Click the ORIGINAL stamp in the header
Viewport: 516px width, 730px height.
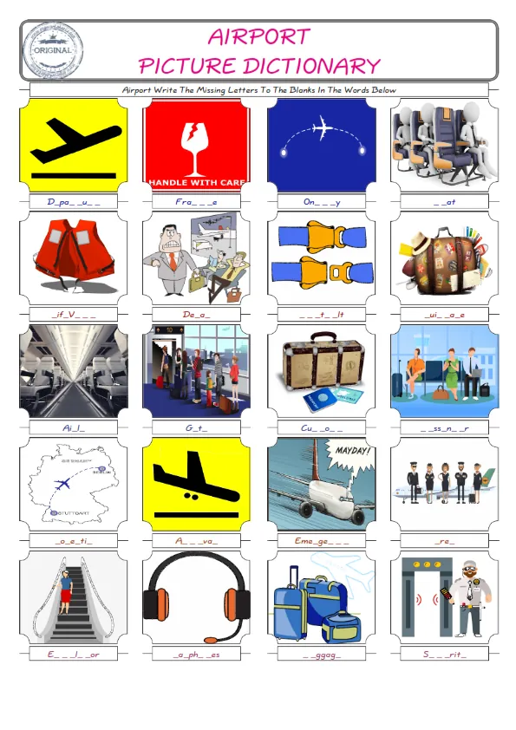[55, 49]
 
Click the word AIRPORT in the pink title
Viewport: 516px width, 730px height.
[258, 36]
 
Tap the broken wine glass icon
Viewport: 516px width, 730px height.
[196, 140]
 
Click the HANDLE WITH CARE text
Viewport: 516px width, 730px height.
[196, 183]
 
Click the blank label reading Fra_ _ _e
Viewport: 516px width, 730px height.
[196, 202]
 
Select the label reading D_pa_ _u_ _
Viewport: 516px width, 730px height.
[73, 202]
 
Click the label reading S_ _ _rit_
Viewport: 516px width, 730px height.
[444, 654]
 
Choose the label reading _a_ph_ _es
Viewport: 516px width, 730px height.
[196, 654]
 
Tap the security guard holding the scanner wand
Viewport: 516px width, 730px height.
[466, 594]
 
